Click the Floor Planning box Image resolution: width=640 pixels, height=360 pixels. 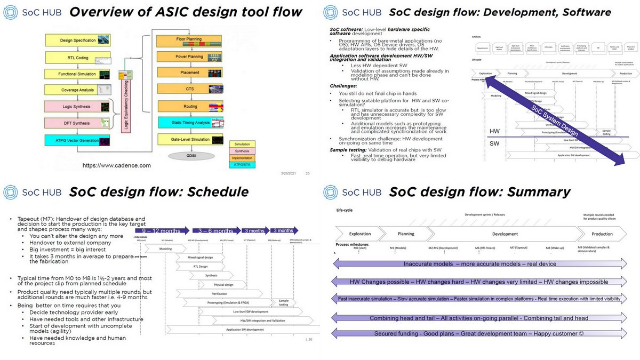point(188,39)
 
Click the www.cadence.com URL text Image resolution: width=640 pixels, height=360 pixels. point(116,166)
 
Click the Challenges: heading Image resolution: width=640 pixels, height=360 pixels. point(345,85)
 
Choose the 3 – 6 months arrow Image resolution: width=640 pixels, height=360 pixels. point(215,231)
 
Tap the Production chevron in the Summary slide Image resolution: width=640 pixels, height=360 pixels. point(602,234)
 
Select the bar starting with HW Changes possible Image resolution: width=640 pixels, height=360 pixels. point(478,282)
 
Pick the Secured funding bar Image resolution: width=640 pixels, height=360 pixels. point(478,333)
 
